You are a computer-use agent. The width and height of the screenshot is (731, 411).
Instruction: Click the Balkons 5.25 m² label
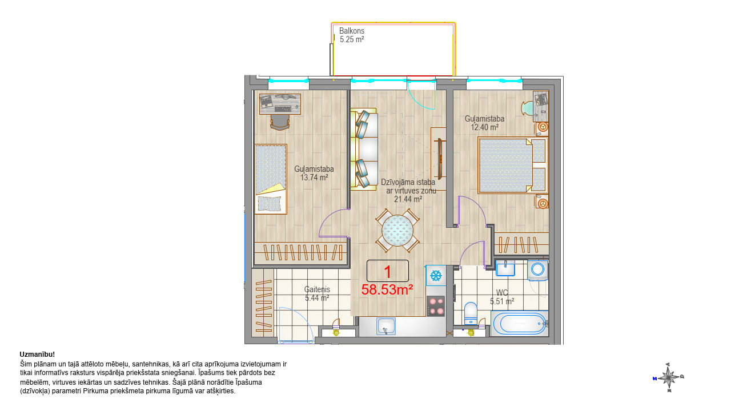(351, 35)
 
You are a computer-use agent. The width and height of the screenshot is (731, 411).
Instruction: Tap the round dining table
(397, 230)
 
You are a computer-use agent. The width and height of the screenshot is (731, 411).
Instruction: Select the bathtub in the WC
(520, 323)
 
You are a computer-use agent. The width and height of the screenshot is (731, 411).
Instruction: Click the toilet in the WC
(470, 314)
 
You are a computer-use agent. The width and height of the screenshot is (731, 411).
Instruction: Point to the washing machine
(537, 270)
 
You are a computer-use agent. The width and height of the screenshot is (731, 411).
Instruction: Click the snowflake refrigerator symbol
(436, 276)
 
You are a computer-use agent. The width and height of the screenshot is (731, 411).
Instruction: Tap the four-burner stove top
(436, 306)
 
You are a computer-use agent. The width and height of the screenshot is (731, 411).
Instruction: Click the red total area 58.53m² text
(387, 289)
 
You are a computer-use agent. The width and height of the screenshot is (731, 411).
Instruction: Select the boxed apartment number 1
(388, 271)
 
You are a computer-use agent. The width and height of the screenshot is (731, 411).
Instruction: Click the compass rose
(669, 377)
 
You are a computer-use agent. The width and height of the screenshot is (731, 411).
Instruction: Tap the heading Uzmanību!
(37, 354)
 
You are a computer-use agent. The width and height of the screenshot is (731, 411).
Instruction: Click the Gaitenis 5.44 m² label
(317, 293)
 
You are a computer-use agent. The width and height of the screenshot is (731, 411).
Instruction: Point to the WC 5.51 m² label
(502, 297)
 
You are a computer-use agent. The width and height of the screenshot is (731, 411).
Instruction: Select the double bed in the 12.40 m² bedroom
(512, 165)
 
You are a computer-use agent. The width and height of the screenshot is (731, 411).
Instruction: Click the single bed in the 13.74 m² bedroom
(271, 179)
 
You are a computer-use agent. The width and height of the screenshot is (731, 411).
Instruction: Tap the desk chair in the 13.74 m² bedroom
(280, 123)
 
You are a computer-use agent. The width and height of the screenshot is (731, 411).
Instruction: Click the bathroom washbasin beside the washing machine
(505, 268)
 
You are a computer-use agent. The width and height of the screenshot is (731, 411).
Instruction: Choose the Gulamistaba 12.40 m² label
(485, 123)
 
